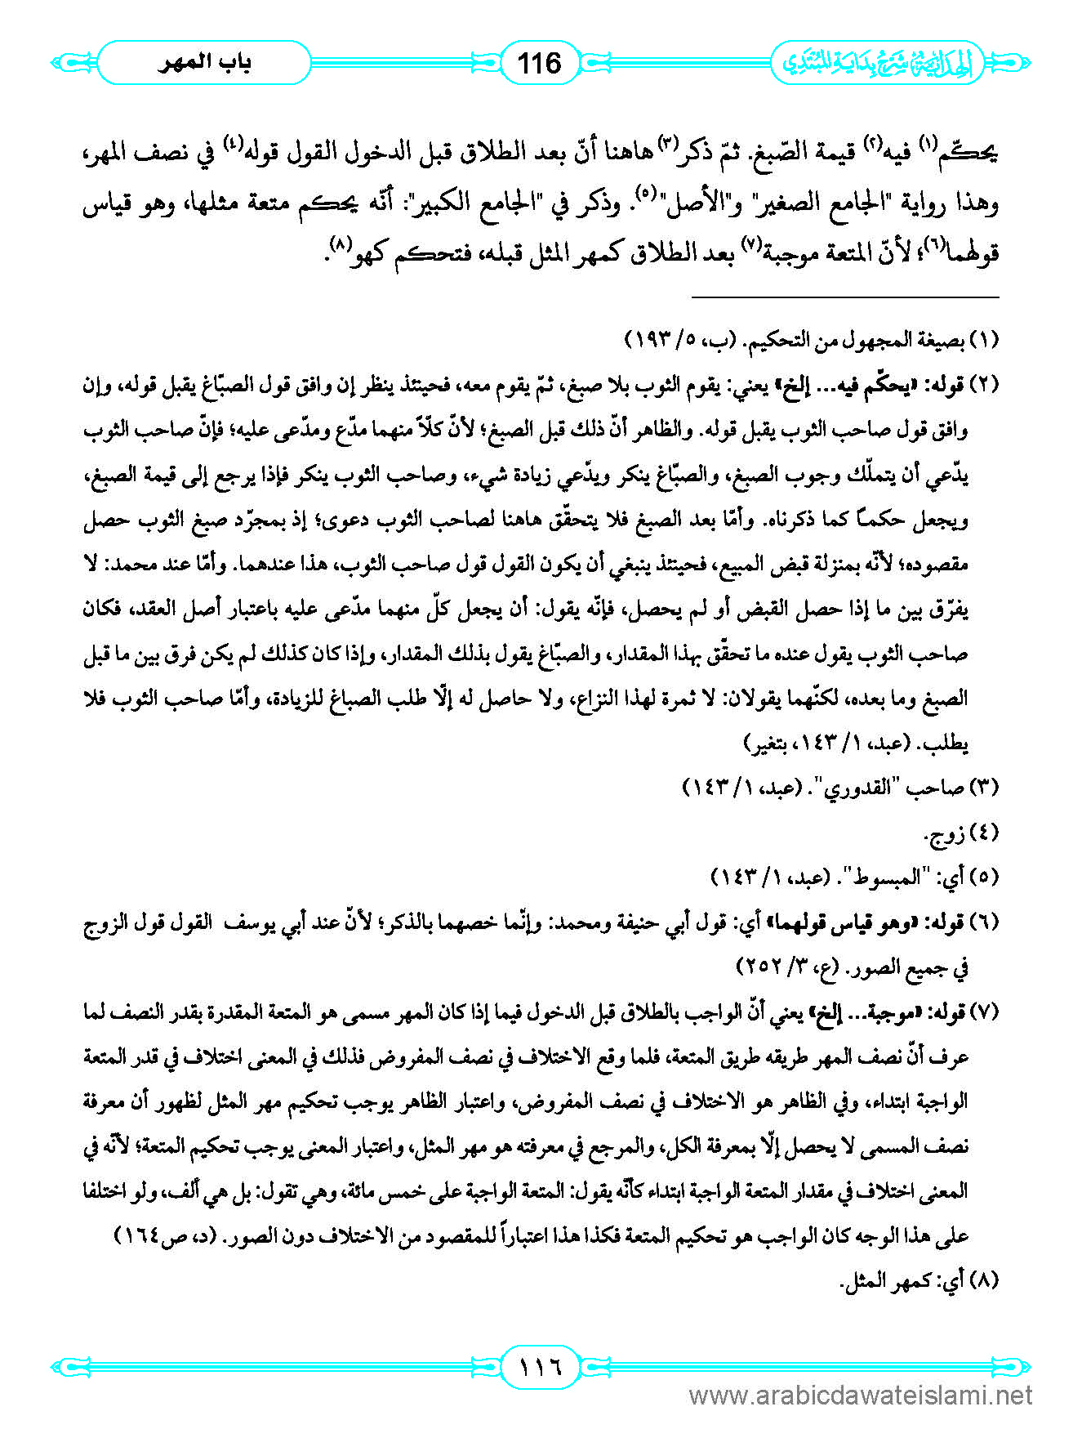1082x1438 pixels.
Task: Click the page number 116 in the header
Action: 540,63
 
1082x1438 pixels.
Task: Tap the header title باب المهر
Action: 204,63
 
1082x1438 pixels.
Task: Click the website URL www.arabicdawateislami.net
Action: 861,1395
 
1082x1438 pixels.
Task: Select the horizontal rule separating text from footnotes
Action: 845,297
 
